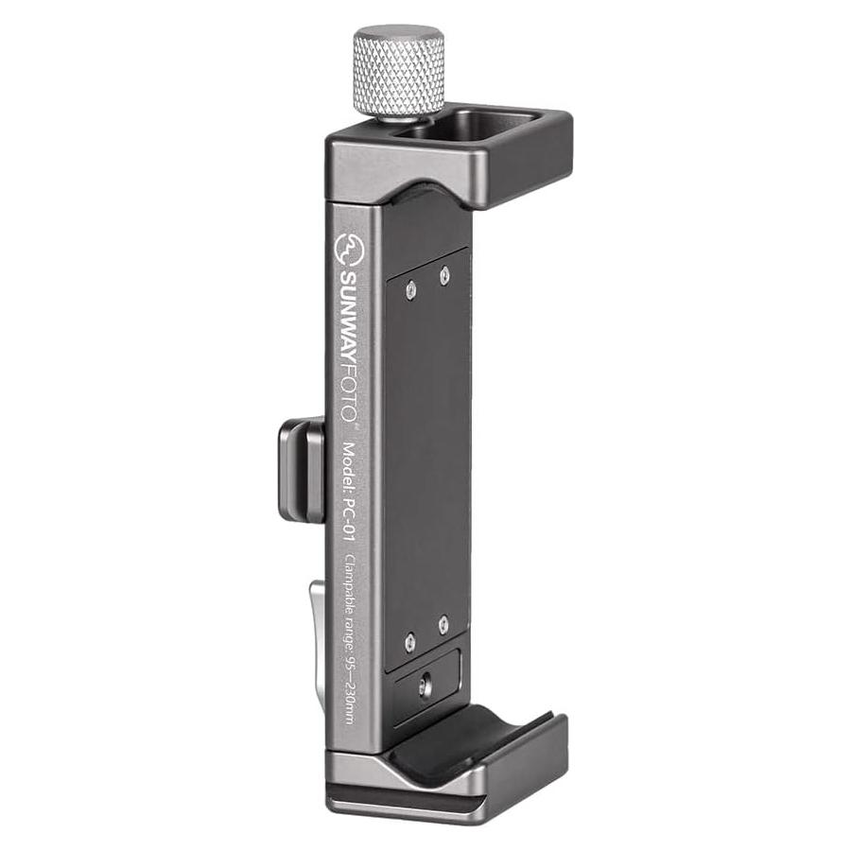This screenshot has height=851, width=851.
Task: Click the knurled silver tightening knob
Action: click(x=398, y=72)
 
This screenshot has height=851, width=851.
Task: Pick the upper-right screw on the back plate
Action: click(x=444, y=275)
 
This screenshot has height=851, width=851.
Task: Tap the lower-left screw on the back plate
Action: click(x=409, y=642)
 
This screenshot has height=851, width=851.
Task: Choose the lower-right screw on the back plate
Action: click(x=443, y=624)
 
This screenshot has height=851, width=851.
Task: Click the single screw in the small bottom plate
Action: click(x=425, y=687)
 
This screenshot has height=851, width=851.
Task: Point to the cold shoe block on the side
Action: click(x=302, y=471)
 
